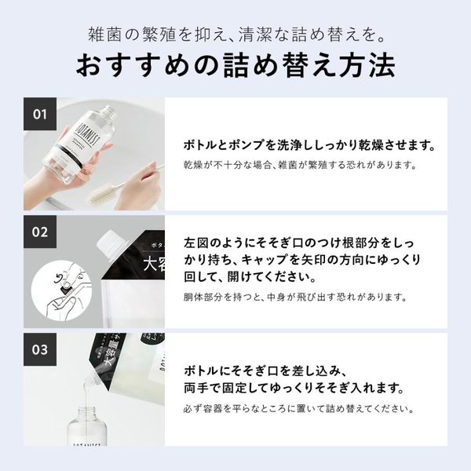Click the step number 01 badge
coord(40,114)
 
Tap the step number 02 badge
coord(40,232)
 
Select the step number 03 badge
coord(40,349)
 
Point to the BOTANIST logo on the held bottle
coord(86,133)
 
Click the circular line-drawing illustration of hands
coord(61,290)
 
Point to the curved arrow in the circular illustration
coord(59,278)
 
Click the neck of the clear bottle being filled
coord(86,414)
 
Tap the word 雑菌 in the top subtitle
coord(105,35)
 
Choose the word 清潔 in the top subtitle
coord(256,35)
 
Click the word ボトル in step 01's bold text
coord(199,145)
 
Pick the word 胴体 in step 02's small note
coord(193,298)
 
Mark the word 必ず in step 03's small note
coord(193,408)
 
